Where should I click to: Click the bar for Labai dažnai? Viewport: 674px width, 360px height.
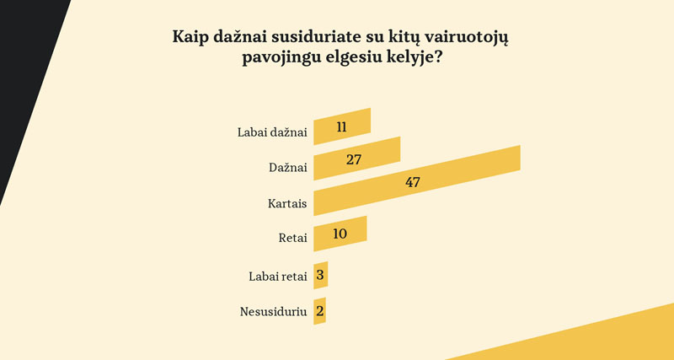[342, 126]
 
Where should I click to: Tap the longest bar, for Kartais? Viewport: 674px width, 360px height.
[417, 181]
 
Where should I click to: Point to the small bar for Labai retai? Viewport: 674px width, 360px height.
[320, 275]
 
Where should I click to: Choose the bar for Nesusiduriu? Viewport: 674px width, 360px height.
[319, 311]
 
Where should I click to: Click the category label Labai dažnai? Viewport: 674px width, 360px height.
[272, 132]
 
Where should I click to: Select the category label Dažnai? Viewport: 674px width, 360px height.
[287, 168]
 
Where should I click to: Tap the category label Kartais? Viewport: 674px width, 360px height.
[286, 203]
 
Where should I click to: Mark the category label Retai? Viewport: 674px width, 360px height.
[292, 239]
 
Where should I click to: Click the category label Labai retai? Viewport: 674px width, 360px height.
[277, 276]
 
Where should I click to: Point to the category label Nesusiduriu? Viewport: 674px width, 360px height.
[273, 312]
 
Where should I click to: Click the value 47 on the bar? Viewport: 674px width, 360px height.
[412, 182]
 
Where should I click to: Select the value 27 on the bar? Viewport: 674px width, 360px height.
[354, 159]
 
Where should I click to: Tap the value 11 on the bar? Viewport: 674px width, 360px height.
[341, 127]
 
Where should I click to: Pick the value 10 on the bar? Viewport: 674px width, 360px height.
[340, 233]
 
